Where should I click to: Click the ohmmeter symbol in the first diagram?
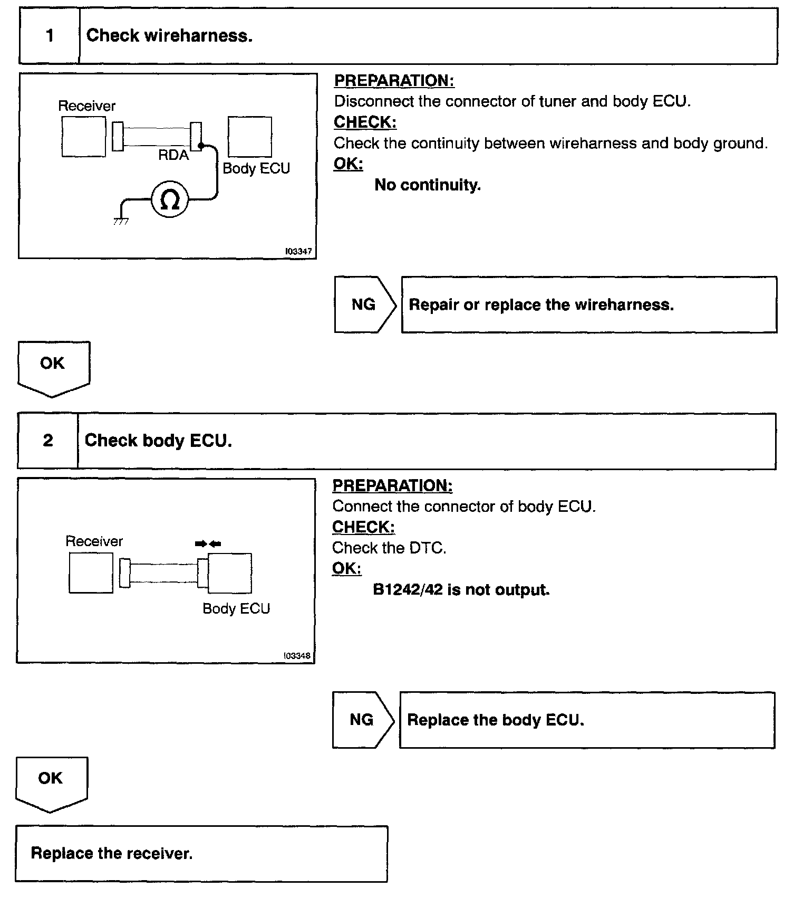click(169, 200)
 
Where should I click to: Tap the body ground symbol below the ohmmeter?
click(121, 220)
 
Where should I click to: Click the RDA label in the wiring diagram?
click(173, 155)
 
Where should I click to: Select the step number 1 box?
click(50, 36)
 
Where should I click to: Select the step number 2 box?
click(48, 441)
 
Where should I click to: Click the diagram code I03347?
click(298, 252)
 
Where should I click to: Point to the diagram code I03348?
click(297, 656)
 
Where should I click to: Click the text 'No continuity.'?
click(428, 185)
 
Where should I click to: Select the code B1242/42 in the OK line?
click(408, 590)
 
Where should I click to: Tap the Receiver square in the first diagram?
click(83, 137)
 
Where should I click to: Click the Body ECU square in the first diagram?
click(250, 137)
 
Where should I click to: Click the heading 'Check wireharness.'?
click(169, 36)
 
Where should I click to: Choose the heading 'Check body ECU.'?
click(158, 441)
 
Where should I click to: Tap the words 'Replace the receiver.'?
click(112, 853)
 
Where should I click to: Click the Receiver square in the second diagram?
click(91, 573)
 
